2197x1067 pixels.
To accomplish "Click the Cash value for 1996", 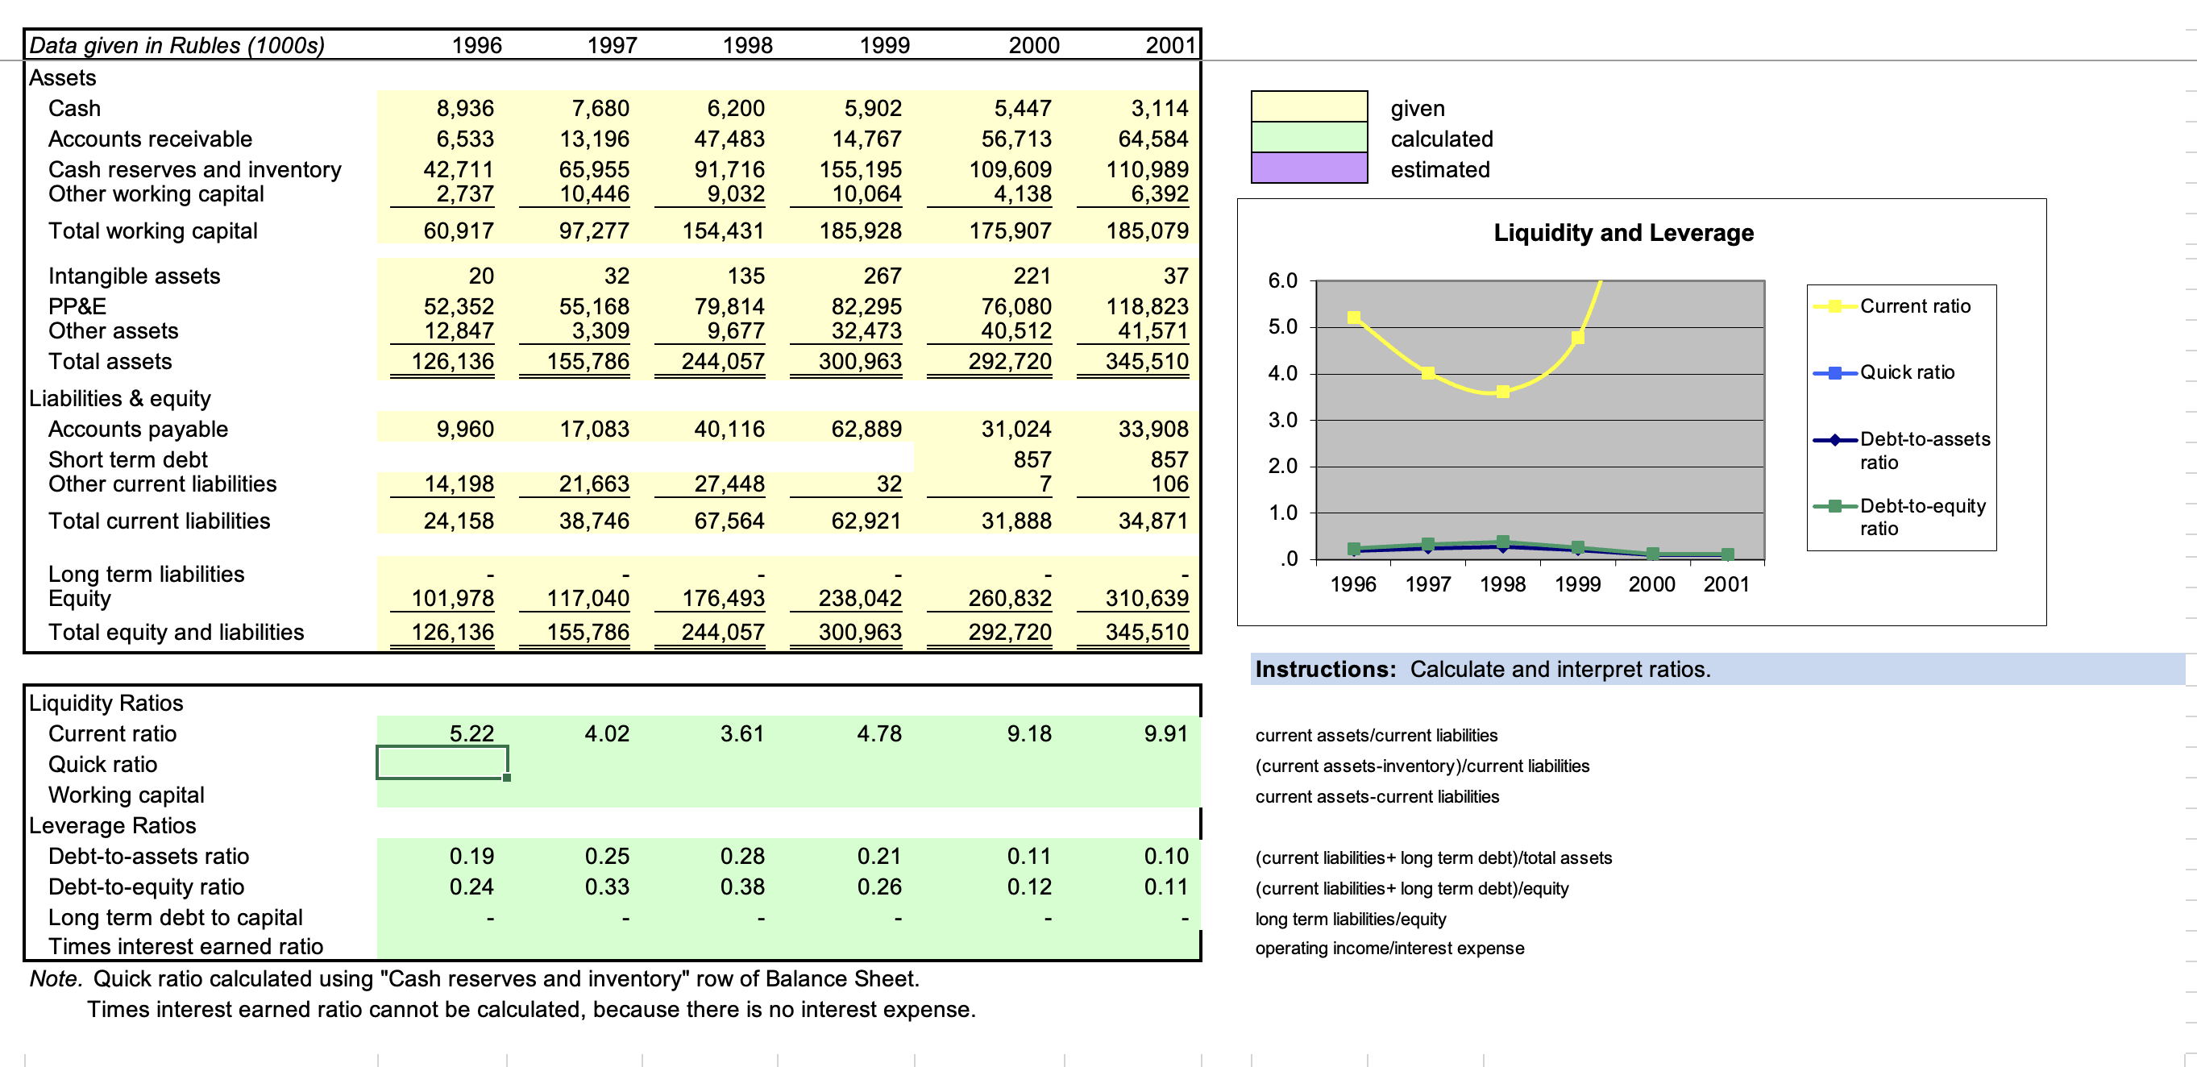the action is (465, 108).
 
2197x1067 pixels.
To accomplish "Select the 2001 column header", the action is (1170, 45).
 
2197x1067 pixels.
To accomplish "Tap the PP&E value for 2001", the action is (1147, 306).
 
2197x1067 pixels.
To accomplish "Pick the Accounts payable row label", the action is (138, 429).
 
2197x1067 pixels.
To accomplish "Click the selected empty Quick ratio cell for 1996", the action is (442, 762).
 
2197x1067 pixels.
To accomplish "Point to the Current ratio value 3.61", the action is (742, 733).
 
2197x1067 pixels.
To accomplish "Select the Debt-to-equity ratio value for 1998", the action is (742, 887).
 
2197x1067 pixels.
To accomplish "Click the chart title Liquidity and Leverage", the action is (1623, 233).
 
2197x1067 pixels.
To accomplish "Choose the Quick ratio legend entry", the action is (1884, 372).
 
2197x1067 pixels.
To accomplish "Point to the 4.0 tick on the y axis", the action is (1283, 374).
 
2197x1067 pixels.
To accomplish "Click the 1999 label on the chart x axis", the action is (1577, 584).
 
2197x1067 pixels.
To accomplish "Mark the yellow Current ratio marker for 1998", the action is (1503, 392).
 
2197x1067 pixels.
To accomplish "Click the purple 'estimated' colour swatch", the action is (1309, 168).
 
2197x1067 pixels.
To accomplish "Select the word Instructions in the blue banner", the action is (1325, 670).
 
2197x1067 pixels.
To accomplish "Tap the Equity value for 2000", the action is (1010, 599).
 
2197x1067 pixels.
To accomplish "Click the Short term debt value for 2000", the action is (1032, 459).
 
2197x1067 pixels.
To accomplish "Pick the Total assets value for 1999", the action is (860, 362).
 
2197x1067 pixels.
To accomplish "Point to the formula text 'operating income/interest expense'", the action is (1389, 949).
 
